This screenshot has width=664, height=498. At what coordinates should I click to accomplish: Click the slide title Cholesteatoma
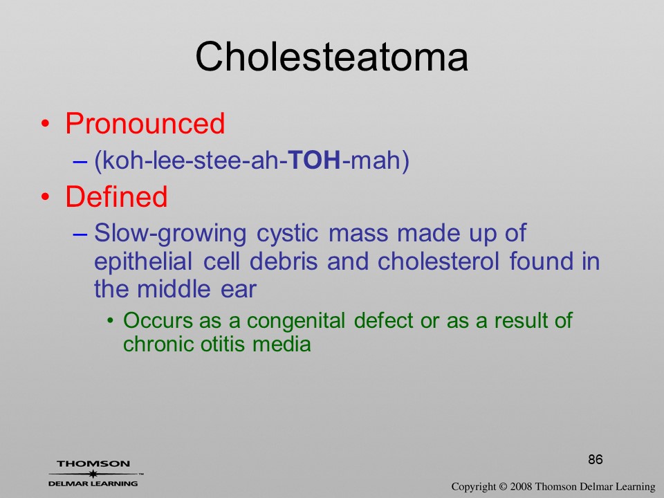pyautogui.click(x=331, y=57)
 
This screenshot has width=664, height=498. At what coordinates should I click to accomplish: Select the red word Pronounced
pyautogui.click(x=145, y=123)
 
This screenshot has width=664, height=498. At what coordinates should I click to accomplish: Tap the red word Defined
pyautogui.click(x=116, y=196)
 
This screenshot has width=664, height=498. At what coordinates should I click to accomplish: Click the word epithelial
pyautogui.click(x=143, y=262)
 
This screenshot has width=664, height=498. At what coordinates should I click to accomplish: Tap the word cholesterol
pyautogui.click(x=439, y=261)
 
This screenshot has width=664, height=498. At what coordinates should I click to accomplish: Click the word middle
pyautogui.click(x=174, y=289)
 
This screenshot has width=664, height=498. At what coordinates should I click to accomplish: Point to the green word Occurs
pyautogui.click(x=158, y=320)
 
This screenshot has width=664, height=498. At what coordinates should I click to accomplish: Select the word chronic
pyautogui.click(x=158, y=344)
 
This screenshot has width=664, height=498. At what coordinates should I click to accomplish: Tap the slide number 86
pyautogui.click(x=596, y=459)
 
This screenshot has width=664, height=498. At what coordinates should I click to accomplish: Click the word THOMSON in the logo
pyautogui.click(x=93, y=463)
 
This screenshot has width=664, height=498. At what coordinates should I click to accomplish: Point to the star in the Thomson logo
pyautogui.click(x=93, y=474)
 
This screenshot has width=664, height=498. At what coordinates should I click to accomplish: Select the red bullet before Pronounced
pyautogui.click(x=46, y=124)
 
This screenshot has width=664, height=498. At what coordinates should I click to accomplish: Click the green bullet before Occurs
pyautogui.click(x=111, y=321)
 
